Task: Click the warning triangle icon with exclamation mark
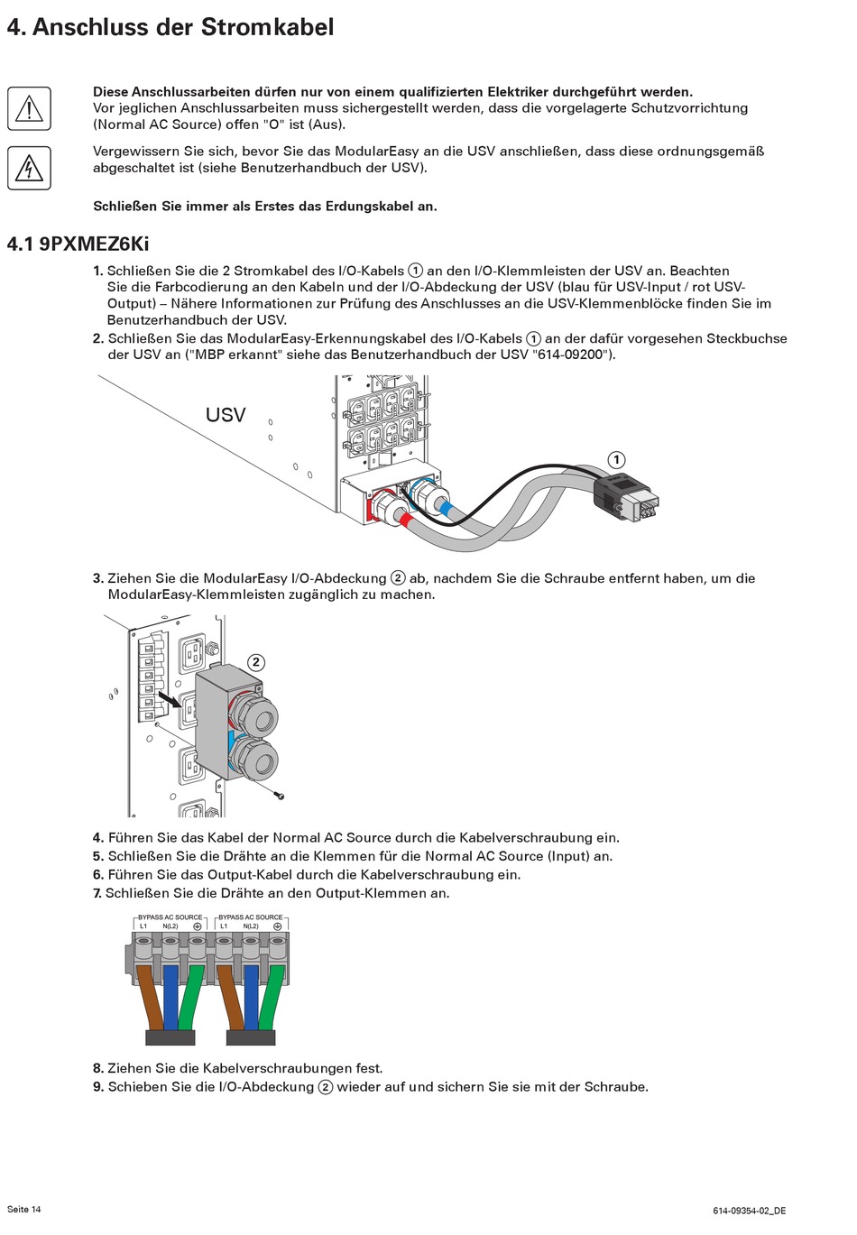[29, 108]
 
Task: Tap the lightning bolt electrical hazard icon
[29, 168]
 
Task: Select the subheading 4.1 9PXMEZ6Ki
[78, 244]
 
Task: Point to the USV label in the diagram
[226, 415]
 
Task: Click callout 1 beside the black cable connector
[616, 460]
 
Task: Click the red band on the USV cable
[407, 521]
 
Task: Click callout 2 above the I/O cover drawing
[256, 662]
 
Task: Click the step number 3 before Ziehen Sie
[97, 578]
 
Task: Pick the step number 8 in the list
[97, 1068]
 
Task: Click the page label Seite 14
[24, 1209]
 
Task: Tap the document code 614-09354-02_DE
[749, 1211]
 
